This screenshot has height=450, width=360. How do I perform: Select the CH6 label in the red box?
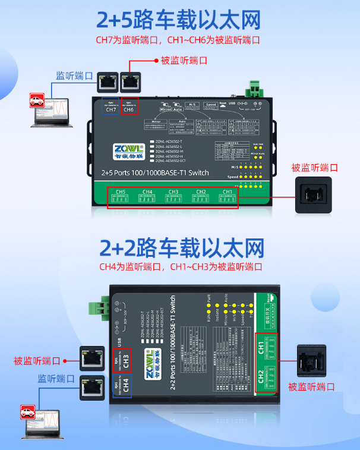click(129, 109)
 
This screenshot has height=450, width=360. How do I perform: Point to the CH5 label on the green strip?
click(121, 192)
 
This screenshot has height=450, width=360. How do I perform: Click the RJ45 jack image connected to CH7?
click(108, 81)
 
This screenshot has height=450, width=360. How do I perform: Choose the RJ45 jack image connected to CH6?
click(131, 81)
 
